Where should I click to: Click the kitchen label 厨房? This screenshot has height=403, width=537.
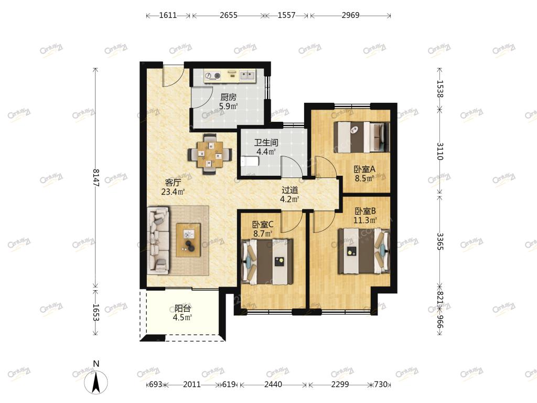(229, 97)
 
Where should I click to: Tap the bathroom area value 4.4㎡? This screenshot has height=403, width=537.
(266, 152)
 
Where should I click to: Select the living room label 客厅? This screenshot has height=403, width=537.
(173, 183)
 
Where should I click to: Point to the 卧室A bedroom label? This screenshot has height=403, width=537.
(364, 169)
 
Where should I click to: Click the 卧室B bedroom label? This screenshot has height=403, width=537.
(365, 211)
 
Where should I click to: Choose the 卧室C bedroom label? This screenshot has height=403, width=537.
(263, 225)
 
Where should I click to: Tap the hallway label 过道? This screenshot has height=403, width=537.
(289, 190)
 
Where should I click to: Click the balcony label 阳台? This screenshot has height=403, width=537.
(182, 309)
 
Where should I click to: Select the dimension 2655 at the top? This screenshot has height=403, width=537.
(229, 15)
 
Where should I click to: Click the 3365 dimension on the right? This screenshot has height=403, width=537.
(440, 241)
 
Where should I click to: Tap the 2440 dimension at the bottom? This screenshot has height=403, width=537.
(273, 385)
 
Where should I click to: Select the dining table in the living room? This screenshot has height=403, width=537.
(210, 154)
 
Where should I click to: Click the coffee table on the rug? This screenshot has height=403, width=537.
(188, 239)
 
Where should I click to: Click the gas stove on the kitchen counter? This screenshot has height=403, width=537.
(213, 76)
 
